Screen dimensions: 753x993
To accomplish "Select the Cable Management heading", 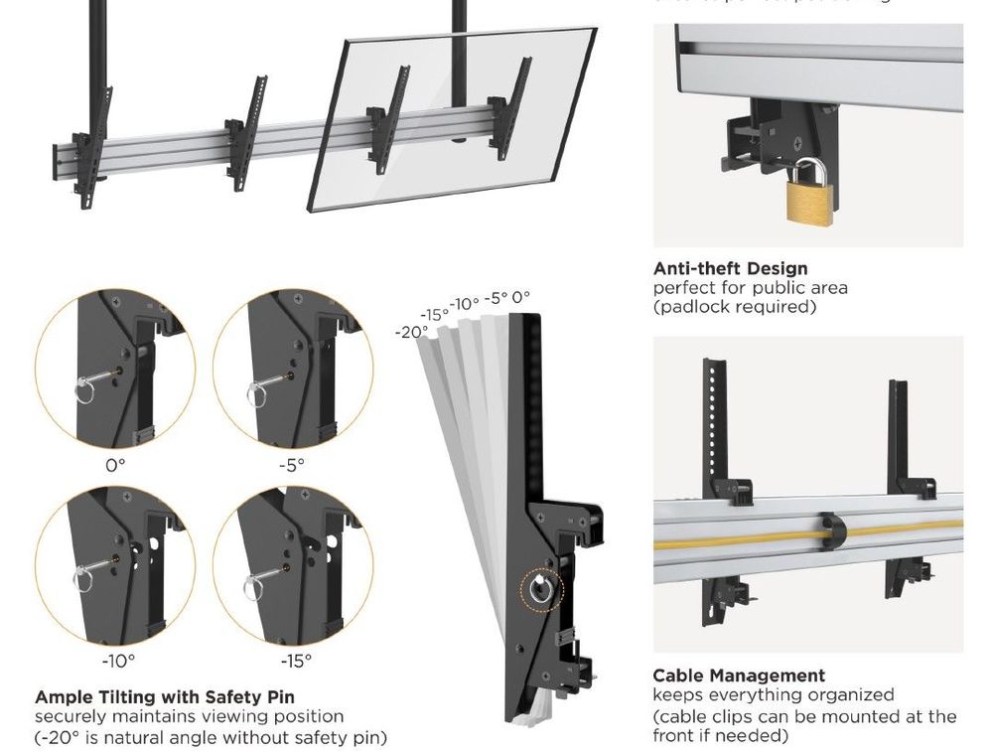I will [739, 676].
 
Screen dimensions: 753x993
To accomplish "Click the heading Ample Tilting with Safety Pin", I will [165, 697].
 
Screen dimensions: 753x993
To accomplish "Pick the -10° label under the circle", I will [118, 659].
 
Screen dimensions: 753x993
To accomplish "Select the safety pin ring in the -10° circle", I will [83, 576].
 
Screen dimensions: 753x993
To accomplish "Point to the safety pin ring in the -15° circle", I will [260, 574].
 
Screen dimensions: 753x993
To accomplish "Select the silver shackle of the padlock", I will [810, 167].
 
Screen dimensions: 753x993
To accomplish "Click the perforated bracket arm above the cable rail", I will [711, 417].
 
